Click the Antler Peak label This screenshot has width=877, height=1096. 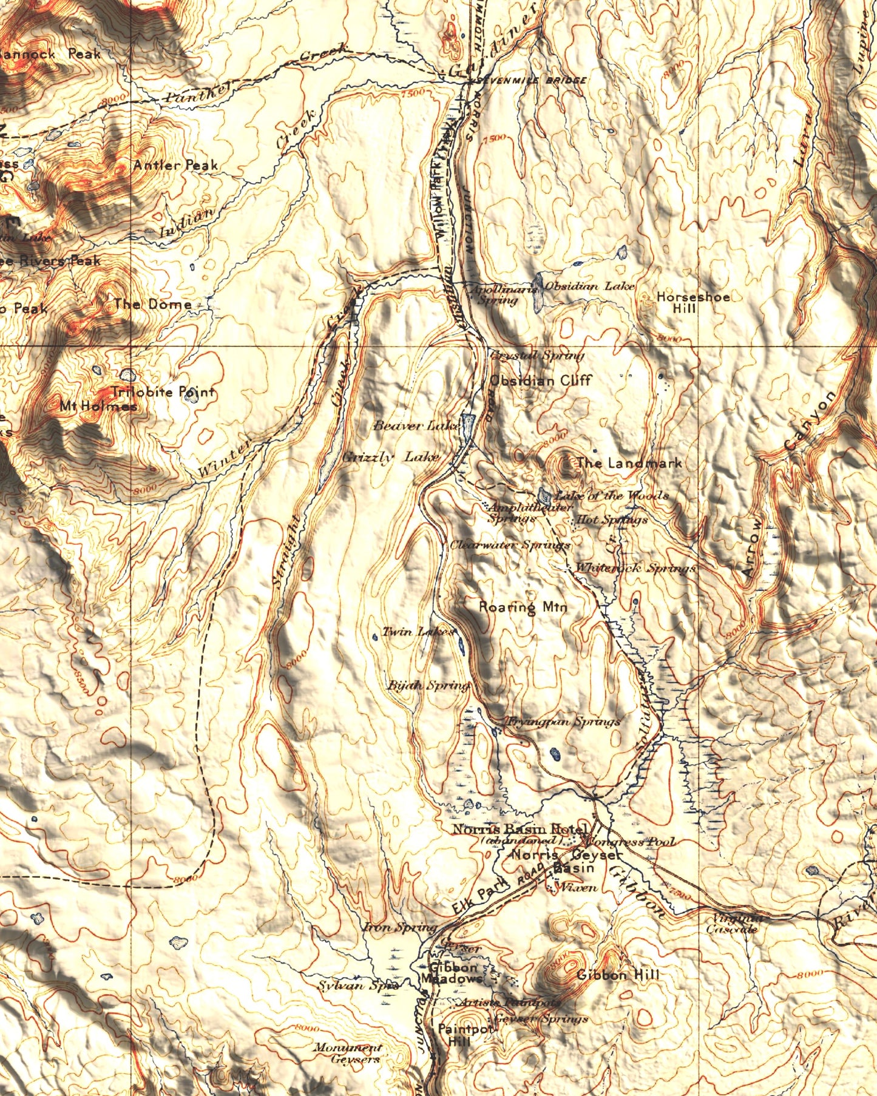175,165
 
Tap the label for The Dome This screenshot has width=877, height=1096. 152,304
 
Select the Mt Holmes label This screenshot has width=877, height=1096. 98,406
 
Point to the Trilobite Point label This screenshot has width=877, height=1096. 163,392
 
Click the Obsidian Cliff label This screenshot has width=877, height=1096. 540,381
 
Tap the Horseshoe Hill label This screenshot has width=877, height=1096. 692,302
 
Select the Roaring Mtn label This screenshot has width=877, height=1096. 523,606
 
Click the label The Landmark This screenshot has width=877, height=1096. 629,463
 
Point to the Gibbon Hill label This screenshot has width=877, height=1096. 617,975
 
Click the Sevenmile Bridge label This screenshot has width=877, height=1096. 532,80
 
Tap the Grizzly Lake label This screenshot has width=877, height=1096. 391,458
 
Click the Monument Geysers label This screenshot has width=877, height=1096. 348,1054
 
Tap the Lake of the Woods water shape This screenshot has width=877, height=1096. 544,495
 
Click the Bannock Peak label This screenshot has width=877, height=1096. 50,54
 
